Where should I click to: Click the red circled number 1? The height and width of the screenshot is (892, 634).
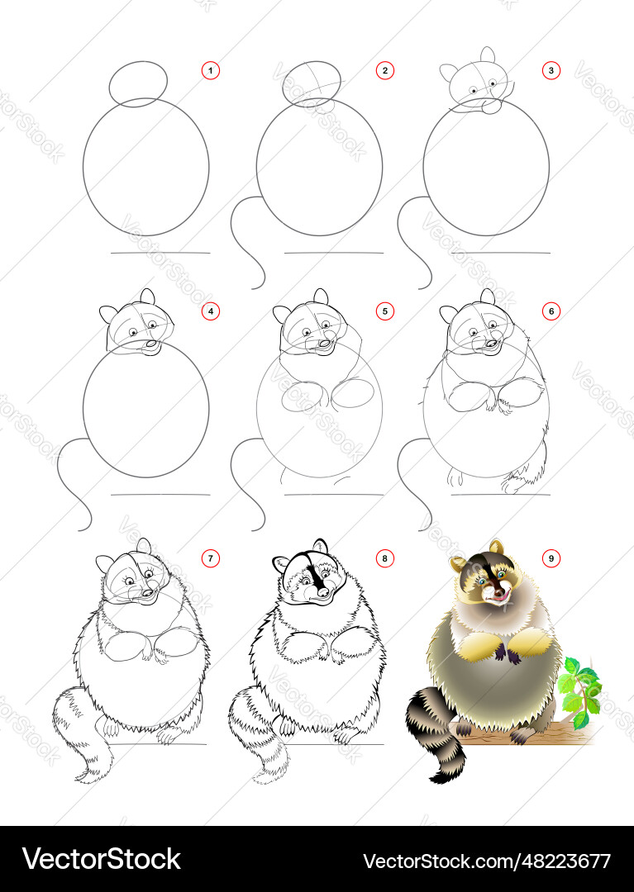(211, 71)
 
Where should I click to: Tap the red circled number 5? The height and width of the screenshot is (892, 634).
(384, 311)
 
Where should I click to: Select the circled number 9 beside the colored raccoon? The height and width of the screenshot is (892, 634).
(551, 558)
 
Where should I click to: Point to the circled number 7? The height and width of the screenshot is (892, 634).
(211, 558)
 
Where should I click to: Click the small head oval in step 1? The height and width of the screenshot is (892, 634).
(138, 84)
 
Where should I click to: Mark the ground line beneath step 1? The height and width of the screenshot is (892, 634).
(160, 253)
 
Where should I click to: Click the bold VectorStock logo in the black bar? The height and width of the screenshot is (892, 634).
(102, 859)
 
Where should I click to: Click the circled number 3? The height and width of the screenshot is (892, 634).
(551, 71)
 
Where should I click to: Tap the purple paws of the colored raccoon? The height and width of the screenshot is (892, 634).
(508, 652)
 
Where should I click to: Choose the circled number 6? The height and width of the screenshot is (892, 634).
(551, 311)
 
